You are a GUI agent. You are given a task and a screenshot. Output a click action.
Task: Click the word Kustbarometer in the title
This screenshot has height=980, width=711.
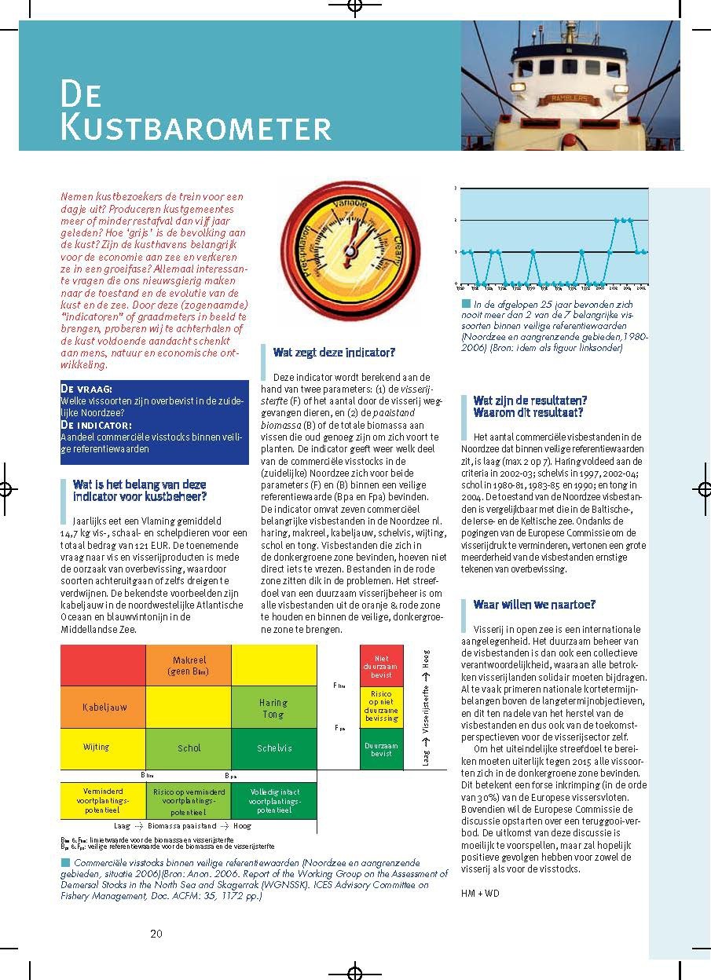[x=196, y=128]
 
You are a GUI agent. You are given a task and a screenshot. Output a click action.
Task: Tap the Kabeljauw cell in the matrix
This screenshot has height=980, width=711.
[x=104, y=708]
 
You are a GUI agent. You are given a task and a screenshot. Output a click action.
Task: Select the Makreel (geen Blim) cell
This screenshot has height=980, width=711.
[x=189, y=665]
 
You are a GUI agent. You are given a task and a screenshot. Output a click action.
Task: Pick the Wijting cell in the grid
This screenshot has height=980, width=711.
[x=97, y=748]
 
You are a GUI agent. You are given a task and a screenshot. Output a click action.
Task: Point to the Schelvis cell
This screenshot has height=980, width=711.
[x=274, y=748]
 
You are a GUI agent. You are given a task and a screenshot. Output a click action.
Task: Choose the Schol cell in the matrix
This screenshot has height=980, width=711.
[x=189, y=748]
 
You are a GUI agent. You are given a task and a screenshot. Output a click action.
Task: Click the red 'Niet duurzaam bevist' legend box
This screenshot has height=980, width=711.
[x=381, y=666]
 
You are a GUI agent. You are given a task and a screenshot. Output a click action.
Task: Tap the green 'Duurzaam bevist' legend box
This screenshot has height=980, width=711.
[x=381, y=748]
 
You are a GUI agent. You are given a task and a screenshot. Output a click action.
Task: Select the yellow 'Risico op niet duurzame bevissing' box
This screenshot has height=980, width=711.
[x=381, y=707]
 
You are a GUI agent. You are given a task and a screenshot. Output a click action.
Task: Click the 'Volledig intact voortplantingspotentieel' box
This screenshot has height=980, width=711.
[x=274, y=800]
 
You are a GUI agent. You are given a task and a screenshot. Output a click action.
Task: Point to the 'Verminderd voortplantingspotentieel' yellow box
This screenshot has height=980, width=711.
[x=103, y=800]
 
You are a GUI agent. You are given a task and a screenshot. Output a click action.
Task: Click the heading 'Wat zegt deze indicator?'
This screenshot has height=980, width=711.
[x=334, y=353]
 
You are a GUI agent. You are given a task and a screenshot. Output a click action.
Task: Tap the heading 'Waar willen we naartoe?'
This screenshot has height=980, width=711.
[x=534, y=605]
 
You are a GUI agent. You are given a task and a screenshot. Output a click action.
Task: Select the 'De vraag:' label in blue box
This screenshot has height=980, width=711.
[x=86, y=389]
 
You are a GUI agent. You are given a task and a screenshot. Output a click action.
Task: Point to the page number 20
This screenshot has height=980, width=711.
[x=156, y=934]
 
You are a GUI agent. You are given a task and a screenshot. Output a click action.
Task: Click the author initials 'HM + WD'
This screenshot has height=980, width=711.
[x=480, y=893]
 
